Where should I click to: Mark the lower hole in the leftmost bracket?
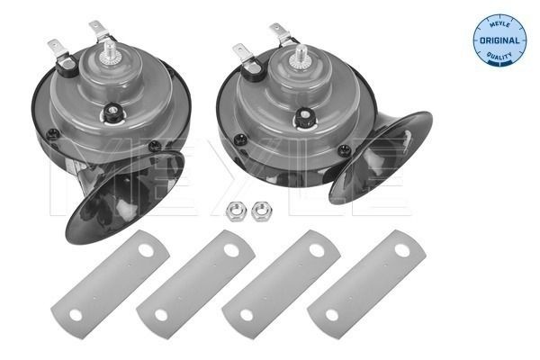coord(75,315)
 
